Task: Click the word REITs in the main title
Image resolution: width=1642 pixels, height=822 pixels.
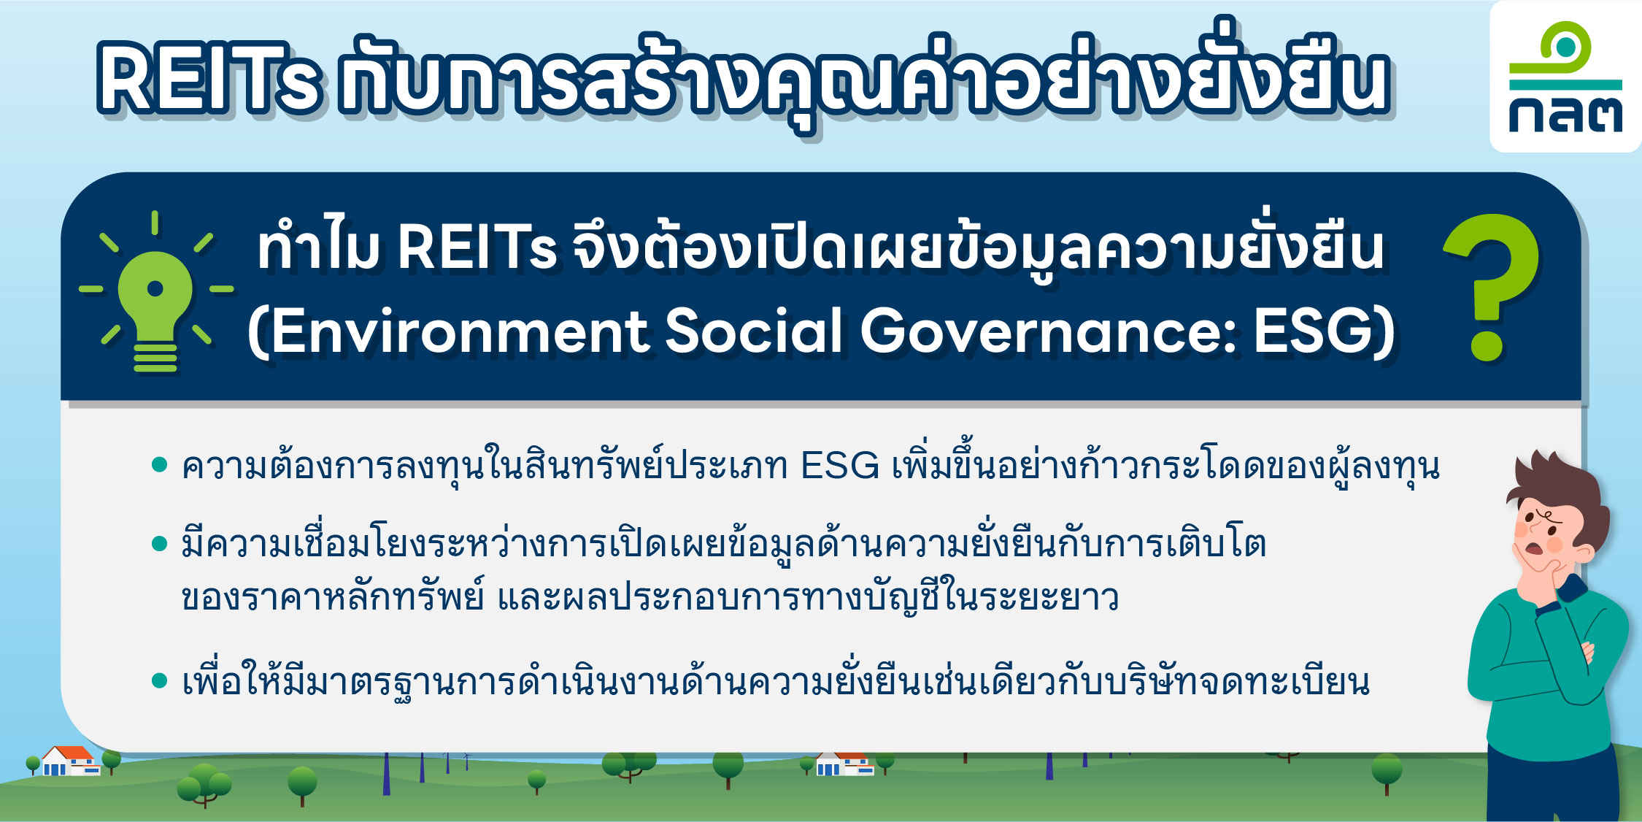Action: tap(209, 78)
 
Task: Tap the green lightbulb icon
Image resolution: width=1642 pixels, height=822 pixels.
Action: tap(155, 292)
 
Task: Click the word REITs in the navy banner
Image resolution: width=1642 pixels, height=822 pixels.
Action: tap(478, 247)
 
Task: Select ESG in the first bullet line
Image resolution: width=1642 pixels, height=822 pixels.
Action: tap(840, 466)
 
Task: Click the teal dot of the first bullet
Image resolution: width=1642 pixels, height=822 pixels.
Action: tap(160, 465)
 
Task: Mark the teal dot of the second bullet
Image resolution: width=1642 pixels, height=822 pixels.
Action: tap(160, 544)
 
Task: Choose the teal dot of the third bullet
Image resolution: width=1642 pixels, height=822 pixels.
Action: tap(160, 681)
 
